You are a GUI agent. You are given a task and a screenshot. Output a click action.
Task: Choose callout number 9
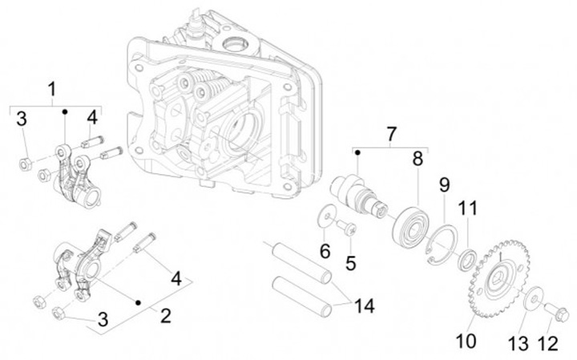tap(443, 185)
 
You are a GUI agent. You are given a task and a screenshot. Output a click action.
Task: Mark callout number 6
tap(325, 251)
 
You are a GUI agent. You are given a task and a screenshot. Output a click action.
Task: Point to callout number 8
tap(418, 159)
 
